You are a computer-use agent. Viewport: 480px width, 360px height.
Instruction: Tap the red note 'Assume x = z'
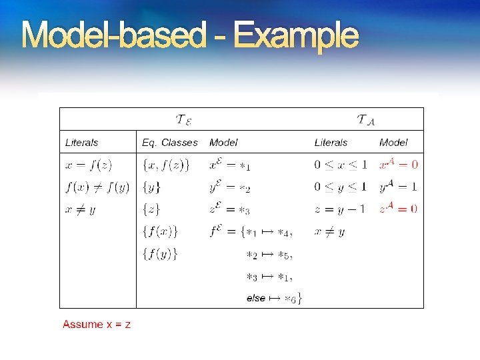coord(97,324)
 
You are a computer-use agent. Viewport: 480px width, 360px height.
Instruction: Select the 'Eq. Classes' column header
coord(169,142)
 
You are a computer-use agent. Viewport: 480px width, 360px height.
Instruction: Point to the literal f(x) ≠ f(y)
coord(97,187)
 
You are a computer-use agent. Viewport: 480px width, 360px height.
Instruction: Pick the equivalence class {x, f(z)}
coord(166,165)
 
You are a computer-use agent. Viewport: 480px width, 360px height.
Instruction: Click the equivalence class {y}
coord(151,187)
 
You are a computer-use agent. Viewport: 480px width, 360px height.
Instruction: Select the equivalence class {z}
coord(151,209)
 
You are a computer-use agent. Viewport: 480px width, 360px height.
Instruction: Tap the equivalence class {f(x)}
coord(160,232)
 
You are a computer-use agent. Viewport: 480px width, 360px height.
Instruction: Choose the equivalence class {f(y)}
coord(160,254)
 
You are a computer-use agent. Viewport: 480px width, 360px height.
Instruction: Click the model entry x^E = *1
coord(229,165)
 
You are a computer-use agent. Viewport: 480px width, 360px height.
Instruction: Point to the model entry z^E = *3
coord(229,209)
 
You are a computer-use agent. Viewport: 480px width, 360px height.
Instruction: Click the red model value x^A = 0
coord(399,164)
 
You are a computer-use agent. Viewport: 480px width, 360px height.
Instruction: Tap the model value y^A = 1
coord(398,187)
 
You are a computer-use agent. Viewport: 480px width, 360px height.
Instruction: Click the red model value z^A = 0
coord(398,209)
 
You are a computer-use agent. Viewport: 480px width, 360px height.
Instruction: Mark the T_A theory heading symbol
coord(366,120)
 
